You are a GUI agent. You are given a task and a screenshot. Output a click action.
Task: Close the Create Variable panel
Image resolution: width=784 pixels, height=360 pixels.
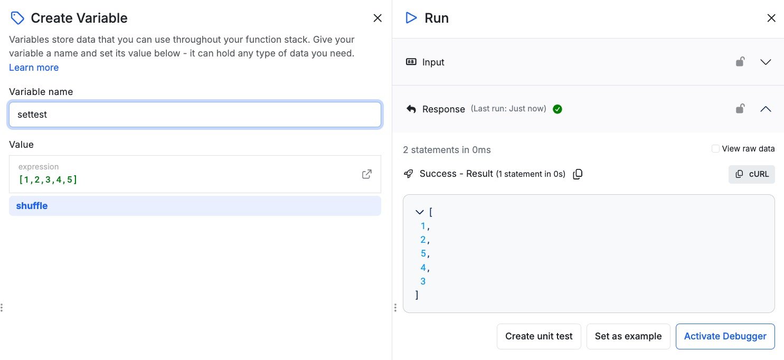pos(377,18)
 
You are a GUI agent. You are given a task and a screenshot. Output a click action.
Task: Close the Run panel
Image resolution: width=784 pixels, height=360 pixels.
pos(771,18)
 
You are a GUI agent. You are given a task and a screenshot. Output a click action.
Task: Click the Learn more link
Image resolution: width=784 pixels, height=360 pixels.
pos(34,68)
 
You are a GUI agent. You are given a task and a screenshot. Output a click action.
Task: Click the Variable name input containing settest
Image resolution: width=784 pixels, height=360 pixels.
pos(195,115)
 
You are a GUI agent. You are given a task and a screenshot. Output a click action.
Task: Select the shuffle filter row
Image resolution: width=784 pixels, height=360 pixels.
pos(195,206)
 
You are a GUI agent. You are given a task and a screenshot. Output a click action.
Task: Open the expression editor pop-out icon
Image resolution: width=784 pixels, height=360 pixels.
pos(367,174)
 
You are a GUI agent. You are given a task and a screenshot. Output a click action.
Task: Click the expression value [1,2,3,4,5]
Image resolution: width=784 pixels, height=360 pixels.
pos(48,179)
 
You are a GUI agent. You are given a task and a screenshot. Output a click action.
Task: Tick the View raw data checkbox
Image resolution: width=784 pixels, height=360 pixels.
pos(715,149)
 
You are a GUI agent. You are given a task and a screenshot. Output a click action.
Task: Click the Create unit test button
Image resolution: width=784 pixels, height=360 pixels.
pos(539,336)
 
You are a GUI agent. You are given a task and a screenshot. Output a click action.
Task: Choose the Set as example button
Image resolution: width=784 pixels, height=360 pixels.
pos(628,336)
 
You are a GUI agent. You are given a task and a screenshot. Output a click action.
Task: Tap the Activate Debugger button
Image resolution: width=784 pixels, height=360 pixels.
pos(725,336)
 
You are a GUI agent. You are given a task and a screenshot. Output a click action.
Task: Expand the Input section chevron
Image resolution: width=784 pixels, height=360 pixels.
pos(766,62)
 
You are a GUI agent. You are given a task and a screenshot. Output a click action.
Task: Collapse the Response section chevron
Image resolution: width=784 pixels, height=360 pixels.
pos(766,109)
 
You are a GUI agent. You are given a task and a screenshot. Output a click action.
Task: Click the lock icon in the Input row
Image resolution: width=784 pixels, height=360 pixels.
pos(740,62)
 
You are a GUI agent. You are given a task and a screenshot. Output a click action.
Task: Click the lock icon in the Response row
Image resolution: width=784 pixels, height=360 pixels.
pos(740,108)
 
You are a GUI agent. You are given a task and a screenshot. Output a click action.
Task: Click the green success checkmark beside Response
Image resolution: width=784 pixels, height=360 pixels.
pos(558,109)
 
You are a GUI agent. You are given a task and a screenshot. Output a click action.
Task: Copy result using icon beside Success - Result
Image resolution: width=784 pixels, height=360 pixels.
pos(578,174)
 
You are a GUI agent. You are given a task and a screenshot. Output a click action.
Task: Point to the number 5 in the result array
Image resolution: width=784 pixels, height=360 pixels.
pos(423,253)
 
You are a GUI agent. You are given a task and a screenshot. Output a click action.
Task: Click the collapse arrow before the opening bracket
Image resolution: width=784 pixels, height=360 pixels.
pos(419,212)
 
